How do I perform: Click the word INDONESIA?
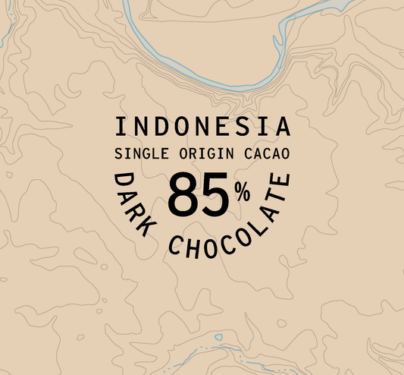[x=202, y=127]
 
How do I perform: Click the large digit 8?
[x=184, y=196]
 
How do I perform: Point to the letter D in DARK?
[x=121, y=180]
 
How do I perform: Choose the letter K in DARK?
[x=152, y=231]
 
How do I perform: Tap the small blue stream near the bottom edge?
[x=219, y=336]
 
